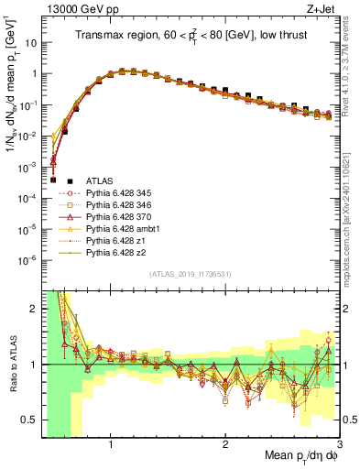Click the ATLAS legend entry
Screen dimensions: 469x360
(x=97, y=181)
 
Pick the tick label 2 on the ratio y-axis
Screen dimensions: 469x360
(x=36, y=309)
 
